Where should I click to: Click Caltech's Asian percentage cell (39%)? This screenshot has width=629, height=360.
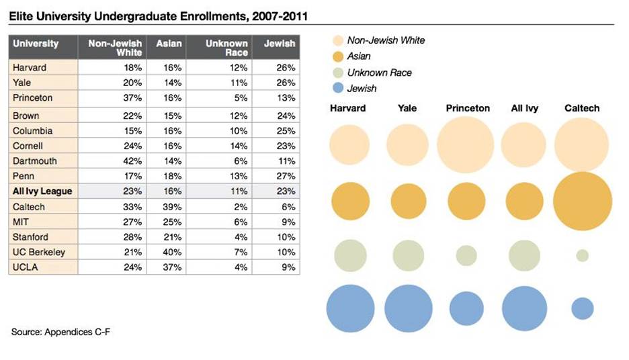click(x=173, y=207)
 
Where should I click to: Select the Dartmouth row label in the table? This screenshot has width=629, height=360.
click(x=35, y=161)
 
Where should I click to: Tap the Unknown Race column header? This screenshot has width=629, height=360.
click(x=226, y=48)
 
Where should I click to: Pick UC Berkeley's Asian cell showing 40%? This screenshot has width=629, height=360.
click(x=173, y=252)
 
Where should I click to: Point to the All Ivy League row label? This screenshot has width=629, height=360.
click(x=42, y=191)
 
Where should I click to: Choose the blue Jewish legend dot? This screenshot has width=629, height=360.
click(x=337, y=88)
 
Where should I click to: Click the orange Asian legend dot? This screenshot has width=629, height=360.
click(x=337, y=56)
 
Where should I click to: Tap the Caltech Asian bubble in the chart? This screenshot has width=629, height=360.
click(x=583, y=201)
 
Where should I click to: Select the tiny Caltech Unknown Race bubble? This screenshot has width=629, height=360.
click(x=582, y=256)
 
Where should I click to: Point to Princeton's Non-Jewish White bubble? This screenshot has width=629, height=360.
click(x=466, y=144)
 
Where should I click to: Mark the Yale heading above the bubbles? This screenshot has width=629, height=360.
click(x=407, y=108)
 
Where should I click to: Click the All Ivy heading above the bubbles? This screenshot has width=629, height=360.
click(x=524, y=108)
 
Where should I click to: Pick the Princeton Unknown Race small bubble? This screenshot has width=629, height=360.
click(x=466, y=255)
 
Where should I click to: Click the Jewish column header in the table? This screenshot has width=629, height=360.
click(x=279, y=44)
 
